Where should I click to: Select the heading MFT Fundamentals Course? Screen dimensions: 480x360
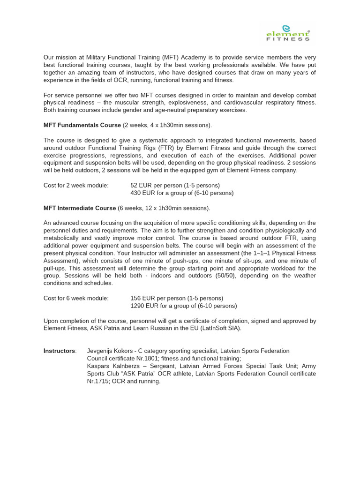click(82, 125)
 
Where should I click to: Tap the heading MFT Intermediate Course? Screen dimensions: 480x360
click(80, 208)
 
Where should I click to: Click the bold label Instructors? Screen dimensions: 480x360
click(60, 351)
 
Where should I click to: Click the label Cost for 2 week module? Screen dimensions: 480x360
click(76, 185)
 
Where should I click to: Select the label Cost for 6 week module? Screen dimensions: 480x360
click(76, 298)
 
